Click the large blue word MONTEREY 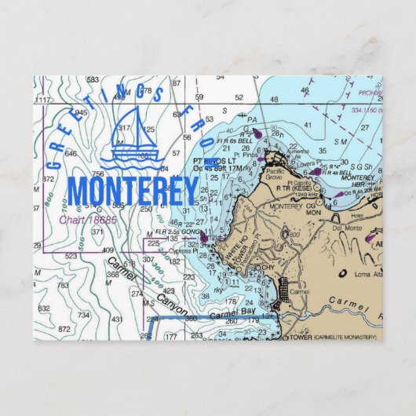132,192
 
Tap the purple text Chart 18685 88,219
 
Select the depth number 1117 43,100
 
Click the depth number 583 93,80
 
